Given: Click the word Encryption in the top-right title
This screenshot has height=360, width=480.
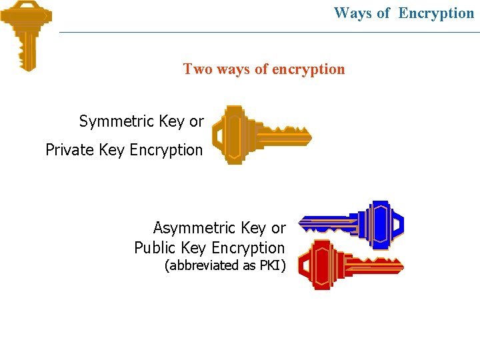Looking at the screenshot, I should pos(436,13).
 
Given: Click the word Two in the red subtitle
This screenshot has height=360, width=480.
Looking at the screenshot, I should pos(196,69).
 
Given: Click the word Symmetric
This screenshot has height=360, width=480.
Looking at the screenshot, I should pos(117,121).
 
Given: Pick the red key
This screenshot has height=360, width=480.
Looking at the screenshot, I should pos(350,264).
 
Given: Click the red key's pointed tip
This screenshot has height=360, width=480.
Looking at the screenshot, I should pos(401,265).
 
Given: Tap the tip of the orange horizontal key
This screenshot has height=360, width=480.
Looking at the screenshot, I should pos(309,137).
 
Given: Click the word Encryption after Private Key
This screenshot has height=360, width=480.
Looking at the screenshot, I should pos(166,150).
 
